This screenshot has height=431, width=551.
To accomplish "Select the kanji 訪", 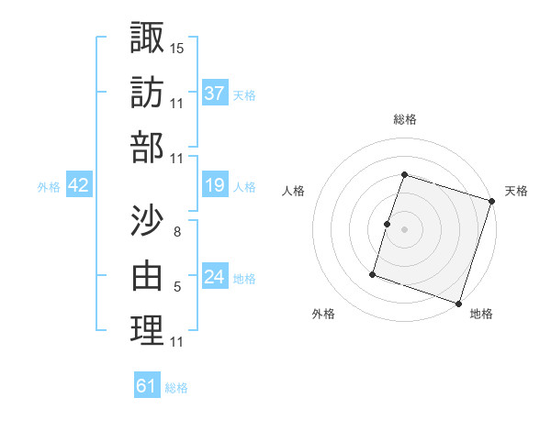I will pos(147,92).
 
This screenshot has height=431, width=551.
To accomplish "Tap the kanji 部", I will pos(147,148).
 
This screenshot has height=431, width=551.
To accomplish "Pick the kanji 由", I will pos(147,275).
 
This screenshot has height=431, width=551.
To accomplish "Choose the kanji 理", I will pos(147,331).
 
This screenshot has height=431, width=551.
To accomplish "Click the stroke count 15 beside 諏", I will pos(177,47).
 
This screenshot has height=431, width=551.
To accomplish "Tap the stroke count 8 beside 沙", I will pos(176,231).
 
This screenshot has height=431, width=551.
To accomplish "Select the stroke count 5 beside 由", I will pos(176,287).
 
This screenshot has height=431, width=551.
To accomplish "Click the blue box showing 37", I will pos(215,94).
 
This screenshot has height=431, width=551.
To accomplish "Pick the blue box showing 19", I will pos(215,186).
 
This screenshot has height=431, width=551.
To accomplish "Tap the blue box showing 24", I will pos(215,278).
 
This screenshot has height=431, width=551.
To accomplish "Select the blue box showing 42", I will pos(78,186).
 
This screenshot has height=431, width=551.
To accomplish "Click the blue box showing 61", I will pos(147,386).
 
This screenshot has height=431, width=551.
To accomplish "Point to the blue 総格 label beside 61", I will pos(176,388).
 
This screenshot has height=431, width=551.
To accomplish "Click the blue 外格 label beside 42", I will pos(49,187).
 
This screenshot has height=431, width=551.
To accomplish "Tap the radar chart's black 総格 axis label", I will pos(404,119).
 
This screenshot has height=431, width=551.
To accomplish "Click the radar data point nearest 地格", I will pos(459,303).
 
